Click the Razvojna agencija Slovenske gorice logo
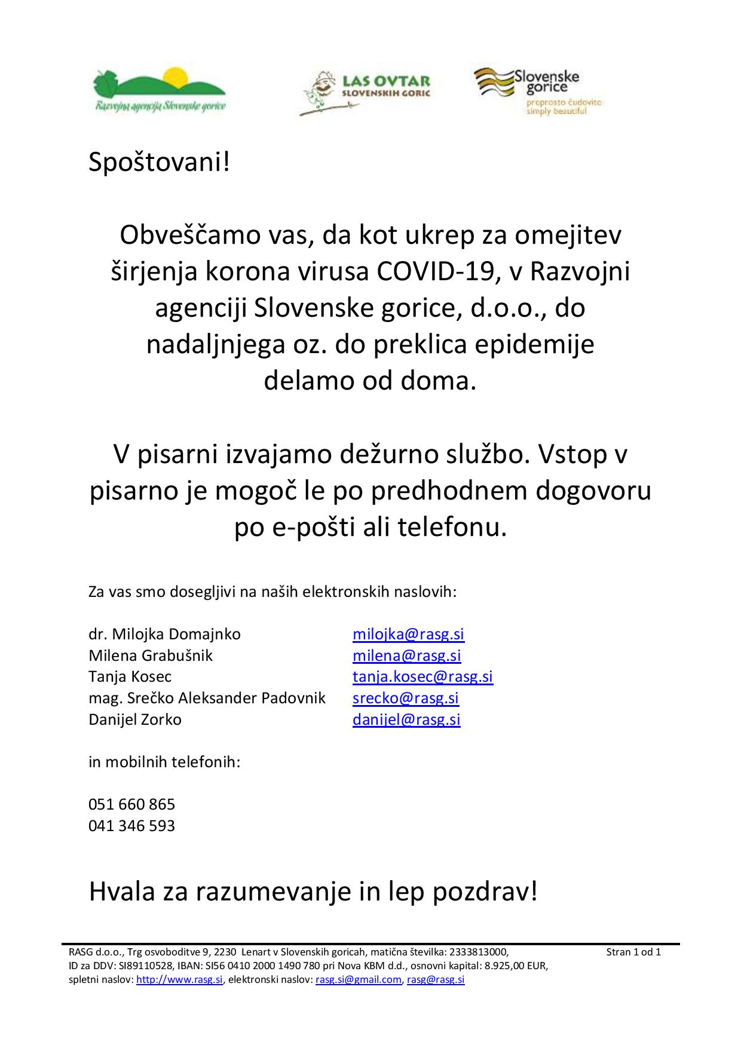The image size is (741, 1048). (x=160, y=90)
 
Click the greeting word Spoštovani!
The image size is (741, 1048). (x=159, y=163)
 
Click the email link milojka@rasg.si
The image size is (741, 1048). (x=408, y=634)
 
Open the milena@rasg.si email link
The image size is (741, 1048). (x=406, y=655)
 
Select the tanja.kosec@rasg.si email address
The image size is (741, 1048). (x=422, y=676)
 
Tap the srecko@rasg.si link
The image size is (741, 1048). (x=405, y=698)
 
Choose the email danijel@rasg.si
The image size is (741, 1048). (x=406, y=719)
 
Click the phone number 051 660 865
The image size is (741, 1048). (x=131, y=804)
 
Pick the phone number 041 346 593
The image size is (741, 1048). (x=131, y=826)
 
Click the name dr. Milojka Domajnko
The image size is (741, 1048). (x=164, y=634)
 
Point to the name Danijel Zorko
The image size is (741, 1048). (x=135, y=719)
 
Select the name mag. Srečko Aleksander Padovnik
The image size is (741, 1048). (x=207, y=698)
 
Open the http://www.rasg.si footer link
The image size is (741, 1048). (x=180, y=980)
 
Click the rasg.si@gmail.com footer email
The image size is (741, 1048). (x=359, y=980)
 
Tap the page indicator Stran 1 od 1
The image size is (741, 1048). (x=633, y=952)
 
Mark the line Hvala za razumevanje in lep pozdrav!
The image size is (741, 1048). (x=313, y=893)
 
